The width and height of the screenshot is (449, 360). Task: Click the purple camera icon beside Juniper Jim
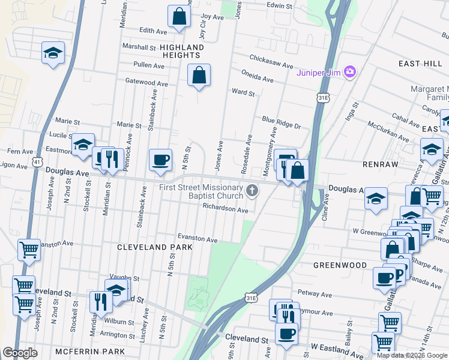[351, 73]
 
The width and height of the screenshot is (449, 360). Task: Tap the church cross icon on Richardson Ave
[253, 191]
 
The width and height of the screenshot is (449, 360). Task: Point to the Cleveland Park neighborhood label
[155, 247]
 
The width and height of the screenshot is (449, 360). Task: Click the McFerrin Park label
[89, 351]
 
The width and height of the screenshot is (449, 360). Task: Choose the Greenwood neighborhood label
[340, 265]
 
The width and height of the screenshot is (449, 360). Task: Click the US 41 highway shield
[38, 162]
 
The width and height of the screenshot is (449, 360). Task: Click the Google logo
[20, 352]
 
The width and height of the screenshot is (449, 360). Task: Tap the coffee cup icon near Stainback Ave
[160, 160]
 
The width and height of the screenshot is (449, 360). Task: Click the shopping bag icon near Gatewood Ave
[199, 75]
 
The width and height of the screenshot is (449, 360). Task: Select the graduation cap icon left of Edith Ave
[53, 53]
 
